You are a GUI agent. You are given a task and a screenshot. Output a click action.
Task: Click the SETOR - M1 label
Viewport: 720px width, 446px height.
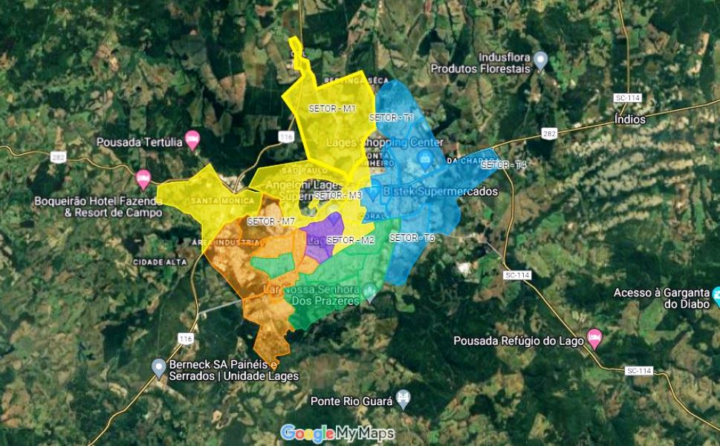click(332, 109)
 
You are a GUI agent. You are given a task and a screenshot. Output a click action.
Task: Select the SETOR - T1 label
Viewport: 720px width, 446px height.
click(391, 117)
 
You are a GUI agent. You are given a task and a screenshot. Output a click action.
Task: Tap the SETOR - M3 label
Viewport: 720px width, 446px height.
click(338, 195)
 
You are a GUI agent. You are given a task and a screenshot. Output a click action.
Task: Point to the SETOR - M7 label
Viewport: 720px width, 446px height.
click(271, 222)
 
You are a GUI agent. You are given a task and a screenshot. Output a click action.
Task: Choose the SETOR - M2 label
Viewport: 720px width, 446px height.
click(351, 240)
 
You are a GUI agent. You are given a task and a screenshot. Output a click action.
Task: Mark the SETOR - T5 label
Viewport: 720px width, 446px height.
click(412, 238)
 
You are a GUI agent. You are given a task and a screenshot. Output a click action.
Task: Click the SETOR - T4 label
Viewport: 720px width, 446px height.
click(504, 165)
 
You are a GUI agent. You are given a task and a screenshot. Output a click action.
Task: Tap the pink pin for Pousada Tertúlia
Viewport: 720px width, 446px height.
click(192, 139)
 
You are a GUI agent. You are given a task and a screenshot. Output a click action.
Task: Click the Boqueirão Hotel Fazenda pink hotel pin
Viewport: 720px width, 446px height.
click(143, 178)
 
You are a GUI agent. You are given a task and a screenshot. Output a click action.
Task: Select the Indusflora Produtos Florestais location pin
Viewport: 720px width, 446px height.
click(541, 60)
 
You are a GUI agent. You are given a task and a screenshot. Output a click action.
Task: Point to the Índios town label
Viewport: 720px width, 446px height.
click(630, 119)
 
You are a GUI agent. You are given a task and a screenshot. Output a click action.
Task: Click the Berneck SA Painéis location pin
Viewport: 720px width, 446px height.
click(158, 366)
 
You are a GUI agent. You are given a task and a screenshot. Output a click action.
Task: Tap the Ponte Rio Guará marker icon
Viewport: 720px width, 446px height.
click(403, 398)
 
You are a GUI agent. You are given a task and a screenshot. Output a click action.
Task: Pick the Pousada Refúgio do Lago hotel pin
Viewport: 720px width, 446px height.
click(594, 337)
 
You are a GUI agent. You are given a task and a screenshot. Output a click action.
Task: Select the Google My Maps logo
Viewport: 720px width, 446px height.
click(337, 433)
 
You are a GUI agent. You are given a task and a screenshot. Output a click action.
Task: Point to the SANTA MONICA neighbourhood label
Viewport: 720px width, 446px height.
click(223, 201)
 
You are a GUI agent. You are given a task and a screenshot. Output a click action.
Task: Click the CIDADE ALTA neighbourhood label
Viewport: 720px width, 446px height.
click(159, 262)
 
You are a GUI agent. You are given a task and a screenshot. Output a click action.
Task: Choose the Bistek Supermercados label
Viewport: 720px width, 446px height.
click(440, 191)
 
